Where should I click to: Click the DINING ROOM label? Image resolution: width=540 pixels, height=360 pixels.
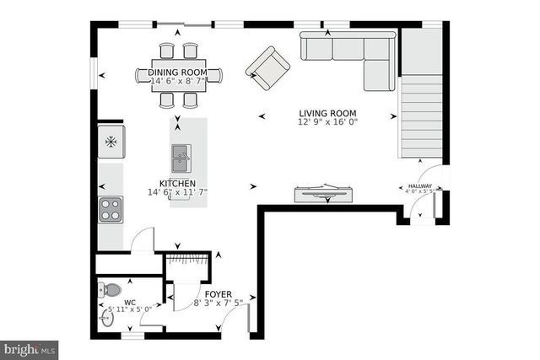[178, 73]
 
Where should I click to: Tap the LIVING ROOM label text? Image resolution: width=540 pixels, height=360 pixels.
[327, 113]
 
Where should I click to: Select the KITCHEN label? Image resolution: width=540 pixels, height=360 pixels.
[177, 183]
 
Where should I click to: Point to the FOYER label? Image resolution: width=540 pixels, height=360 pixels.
[219, 293]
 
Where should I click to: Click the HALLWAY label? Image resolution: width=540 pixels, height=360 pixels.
[419, 186]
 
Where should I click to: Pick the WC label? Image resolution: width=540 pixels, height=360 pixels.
[129, 302]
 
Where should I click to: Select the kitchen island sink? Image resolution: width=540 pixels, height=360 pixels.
[181, 155]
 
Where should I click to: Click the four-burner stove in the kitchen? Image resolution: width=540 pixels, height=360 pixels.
[111, 208]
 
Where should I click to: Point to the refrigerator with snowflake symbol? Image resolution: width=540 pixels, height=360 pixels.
[111, 142]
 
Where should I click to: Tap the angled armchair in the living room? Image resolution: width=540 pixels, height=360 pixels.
[267, 68]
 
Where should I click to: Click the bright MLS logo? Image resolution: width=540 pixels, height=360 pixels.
[30, 347]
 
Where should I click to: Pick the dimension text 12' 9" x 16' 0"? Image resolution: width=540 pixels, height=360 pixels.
[327, 122]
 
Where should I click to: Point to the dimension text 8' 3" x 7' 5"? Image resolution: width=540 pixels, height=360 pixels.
[219, 303]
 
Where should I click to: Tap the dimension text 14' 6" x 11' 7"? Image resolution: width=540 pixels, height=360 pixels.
[177, 192]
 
